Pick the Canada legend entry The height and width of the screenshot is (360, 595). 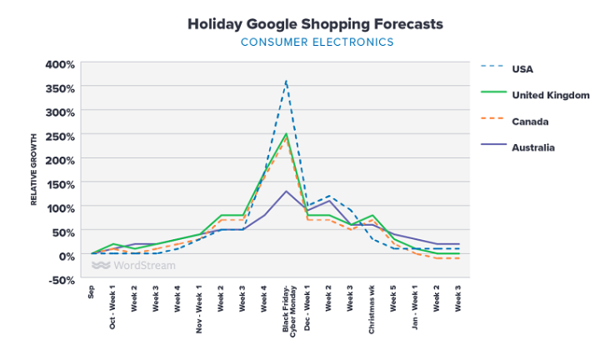pyautogui.click(x=530, y=121)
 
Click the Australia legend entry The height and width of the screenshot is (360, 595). pyautogui.click(x=533, y=147)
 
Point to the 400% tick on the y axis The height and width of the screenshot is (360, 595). pyautogui.click(x=59, y=64)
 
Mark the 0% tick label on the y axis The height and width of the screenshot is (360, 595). pyautogui.click(x=66, y=255)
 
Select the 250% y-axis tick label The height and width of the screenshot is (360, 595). pyautogui.click(x=59, y=136)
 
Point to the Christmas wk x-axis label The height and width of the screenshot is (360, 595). pyautogui.click(x=372, y=310)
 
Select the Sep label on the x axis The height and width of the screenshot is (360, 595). pyautogui.click(x=92, y=292)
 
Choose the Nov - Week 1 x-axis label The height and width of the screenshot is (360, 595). pyautogui.click(x=199, y=307)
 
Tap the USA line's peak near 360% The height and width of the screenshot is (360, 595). pyautogui.click(x=286, y=82)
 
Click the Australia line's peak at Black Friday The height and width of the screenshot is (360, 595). pyautogui.click(x=286, y=191)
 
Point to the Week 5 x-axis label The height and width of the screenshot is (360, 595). pyautogui.click(x=393, y=299)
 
